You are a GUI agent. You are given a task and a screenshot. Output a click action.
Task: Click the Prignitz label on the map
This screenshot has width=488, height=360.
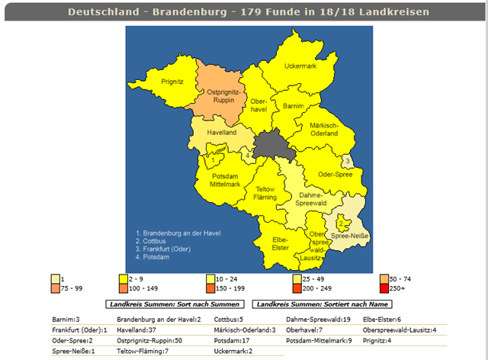(x=172, y=80)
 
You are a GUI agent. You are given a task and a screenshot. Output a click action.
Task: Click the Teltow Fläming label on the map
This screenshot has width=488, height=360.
(x=265, y=194)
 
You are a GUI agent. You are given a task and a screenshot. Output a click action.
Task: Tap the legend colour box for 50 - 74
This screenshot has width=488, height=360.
(x=383, y=279)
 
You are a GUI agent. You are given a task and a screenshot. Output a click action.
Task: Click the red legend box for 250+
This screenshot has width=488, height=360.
(x=383, y=289)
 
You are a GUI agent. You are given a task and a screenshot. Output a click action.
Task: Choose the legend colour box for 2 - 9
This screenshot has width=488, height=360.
(x=122, y=279)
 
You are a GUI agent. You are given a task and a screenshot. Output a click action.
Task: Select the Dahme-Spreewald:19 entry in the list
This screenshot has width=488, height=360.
(x=318, y=320)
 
